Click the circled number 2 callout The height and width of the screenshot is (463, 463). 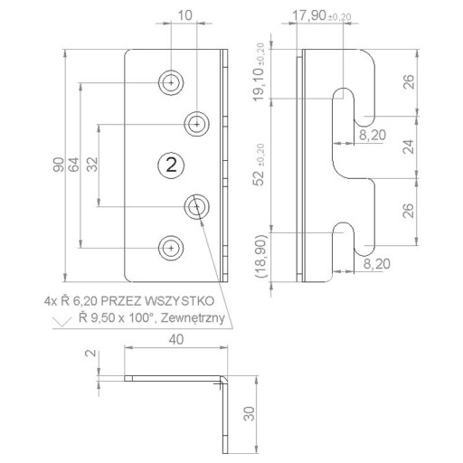[x=171, y=165]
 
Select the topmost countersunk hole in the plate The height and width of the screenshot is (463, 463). [x=171, y=82]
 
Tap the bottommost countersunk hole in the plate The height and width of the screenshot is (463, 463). [x=171, y=248]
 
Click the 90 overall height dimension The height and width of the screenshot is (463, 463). [x=59, y=165]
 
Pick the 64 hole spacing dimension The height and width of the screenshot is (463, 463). [x=74, y=165]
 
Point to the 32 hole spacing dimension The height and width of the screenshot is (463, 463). [x=93, y=165]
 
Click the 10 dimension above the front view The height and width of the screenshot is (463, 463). [x=184, y=15]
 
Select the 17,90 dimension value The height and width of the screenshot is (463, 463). [x=309, y=15]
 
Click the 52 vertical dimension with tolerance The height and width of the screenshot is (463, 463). [x=260, y=165]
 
